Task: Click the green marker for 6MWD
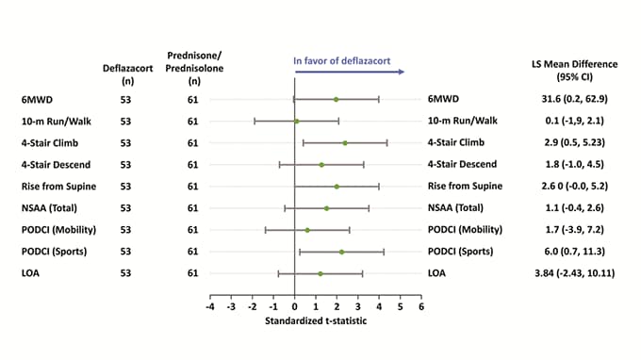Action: click(336, 99)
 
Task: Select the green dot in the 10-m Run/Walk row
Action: click(296, 121)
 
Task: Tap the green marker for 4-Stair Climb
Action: click(345, 143)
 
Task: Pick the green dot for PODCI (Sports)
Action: click(341, 252)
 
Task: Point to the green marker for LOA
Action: click(320, 273)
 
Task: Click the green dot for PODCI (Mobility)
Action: click(307, 230)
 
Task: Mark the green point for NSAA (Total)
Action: click(326, 208)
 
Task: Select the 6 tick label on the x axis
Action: click(420, 306)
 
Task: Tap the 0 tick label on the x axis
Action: click(294, 306)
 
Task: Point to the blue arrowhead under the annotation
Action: click(402, 72)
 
